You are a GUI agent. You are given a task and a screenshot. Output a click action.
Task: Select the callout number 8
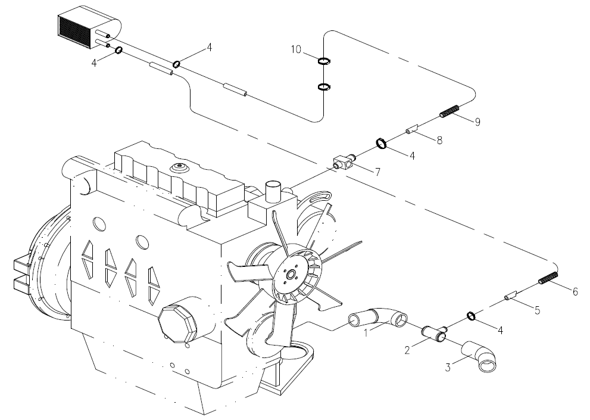[439, 141]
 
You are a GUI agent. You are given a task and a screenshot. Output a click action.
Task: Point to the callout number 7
[377, 171]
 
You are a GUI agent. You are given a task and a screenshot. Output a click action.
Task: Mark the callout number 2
[407, 350]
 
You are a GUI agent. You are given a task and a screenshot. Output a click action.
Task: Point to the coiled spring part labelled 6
[548, 278]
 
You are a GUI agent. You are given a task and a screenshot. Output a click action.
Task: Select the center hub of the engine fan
[291, 274]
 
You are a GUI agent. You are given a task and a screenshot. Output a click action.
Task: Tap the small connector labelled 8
[412, 129]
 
